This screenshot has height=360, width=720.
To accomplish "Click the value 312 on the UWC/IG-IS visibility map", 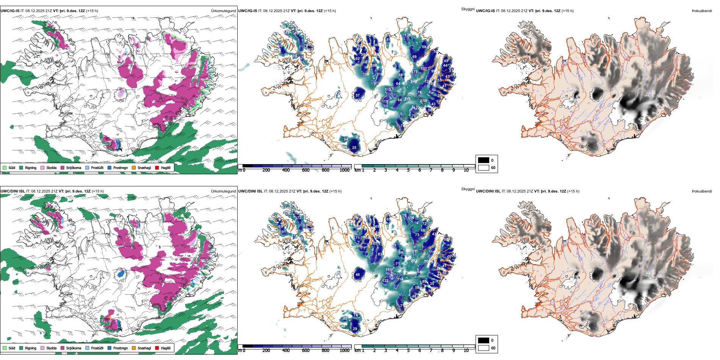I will coord(407,99).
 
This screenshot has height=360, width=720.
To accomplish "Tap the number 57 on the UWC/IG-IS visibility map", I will coord(357,95).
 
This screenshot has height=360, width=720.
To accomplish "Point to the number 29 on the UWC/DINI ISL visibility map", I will coord(355,329).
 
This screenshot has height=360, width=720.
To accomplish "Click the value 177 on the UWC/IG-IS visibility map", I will coord(415,72).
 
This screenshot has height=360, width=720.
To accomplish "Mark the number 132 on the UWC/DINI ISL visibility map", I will coord(385,281).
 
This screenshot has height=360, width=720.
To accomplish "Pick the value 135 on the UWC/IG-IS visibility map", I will coord(407,35).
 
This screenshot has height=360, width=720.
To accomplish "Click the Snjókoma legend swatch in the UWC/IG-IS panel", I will coord(63,167).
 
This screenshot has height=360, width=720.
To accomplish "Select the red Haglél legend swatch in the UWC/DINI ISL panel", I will coord(157,348).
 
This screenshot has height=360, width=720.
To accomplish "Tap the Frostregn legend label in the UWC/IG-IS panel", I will coord(121,167).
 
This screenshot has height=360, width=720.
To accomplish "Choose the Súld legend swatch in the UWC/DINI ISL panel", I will coord(5,348).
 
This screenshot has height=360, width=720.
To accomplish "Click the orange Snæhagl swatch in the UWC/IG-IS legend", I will coord(134,167).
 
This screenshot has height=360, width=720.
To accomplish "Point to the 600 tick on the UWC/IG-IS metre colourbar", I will coord(305,170).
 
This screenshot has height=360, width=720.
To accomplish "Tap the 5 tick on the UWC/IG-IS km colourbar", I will coord(408,170).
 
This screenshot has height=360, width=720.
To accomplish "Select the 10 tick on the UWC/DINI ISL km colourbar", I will coord(466,351).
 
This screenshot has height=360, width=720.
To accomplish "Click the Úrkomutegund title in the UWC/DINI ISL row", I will coord(223,191).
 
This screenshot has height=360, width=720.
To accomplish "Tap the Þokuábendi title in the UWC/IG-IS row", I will coord(702,11).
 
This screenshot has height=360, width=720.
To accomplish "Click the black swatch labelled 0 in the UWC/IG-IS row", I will coord(484,160).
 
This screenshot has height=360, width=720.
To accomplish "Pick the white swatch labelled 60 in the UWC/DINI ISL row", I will coord(484,348).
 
